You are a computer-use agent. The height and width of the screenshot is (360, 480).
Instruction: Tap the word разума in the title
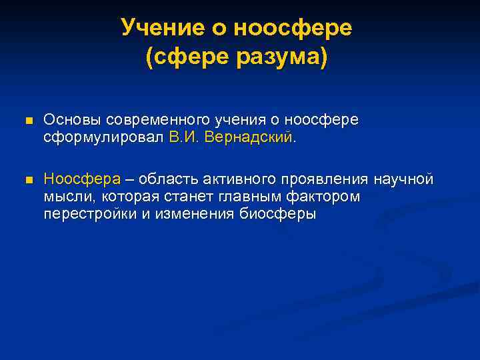(279, 57)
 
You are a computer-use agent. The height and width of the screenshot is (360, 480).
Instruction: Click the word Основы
(67, 120)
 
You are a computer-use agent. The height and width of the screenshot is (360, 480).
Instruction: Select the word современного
(153, 120)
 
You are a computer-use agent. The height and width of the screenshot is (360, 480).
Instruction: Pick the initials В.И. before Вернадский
(185, 137)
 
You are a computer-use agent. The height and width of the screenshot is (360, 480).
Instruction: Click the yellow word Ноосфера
(82, 179)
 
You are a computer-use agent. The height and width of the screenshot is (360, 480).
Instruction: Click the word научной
(403, 179)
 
